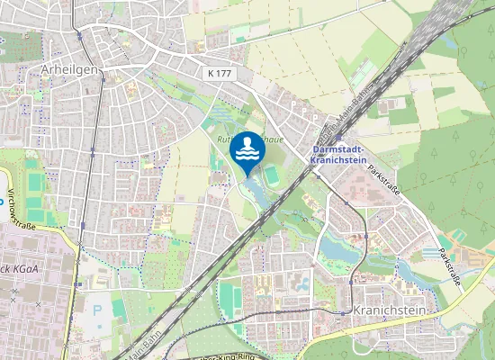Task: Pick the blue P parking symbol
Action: pos(97,310)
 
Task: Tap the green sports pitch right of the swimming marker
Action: pos(272,170)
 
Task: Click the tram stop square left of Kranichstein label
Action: pos(343,311)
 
